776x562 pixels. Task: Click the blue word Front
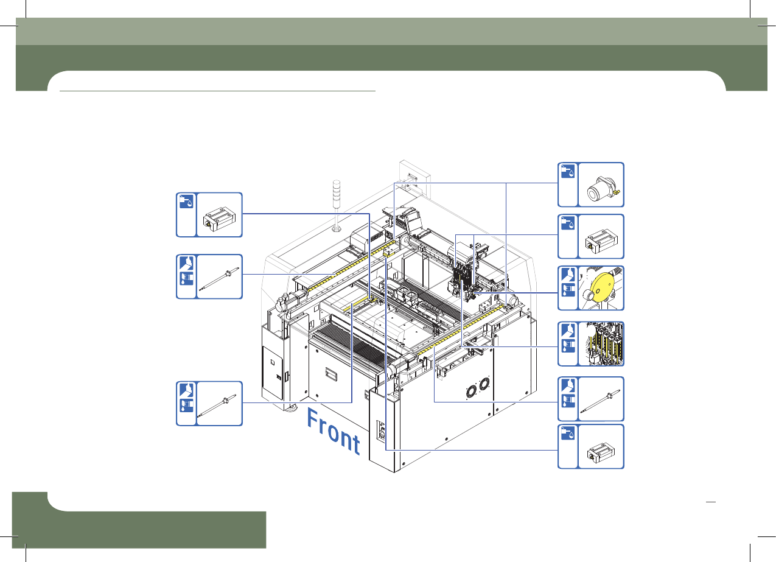[334, 431]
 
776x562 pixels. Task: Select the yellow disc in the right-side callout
[602, 287]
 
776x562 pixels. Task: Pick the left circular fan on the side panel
[471, 392]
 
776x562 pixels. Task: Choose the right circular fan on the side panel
[484, 384]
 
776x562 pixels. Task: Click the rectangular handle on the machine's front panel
[330, 375]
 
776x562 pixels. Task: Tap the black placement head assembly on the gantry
[463, 277]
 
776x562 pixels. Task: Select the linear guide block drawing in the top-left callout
[219, 219]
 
